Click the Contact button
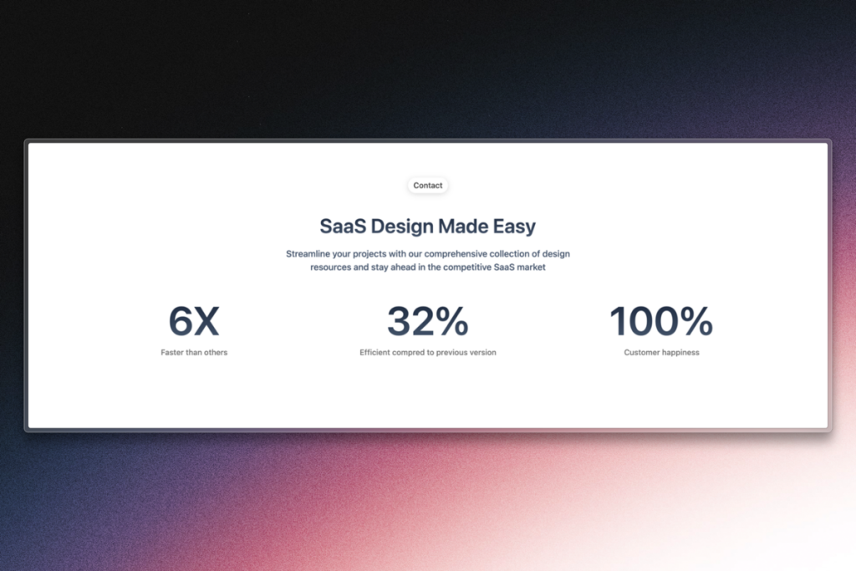(x=428, y=186)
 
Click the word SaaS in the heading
(x=342, y=226)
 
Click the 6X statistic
(x=194, y=322)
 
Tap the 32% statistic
(x=427, y=322)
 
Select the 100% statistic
(x=661, y=322)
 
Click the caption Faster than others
(x=194, y=353)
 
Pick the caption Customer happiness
(x=661, y=353)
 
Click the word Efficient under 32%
(x=377, y=353)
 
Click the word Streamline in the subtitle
(x=309, y=253)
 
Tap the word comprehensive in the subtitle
(x=462, y=253)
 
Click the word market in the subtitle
(x=529, y=268)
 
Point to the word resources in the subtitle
(x=331, y=268)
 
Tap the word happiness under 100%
(x=680, y=353)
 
